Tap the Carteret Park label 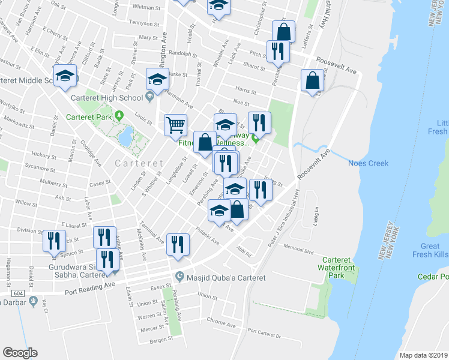tap(89, 117)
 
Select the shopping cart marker tap(175, 125)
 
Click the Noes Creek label tap(368, 163)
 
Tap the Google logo tap(20, 352)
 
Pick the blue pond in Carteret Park tap(126, 137)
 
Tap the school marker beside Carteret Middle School tap(65, 76)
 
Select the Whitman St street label tap(143, 8)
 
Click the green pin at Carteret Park tap(119, 115)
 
